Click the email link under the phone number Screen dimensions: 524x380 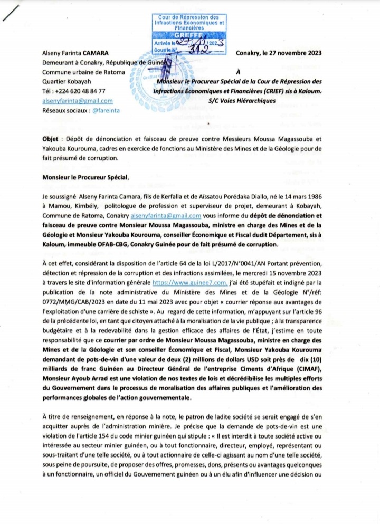click(77, 101)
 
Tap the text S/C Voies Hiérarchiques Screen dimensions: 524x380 click(242, 101)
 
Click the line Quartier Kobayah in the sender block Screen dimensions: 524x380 click(66, 82)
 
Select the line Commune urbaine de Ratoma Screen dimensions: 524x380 click(80, 72)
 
